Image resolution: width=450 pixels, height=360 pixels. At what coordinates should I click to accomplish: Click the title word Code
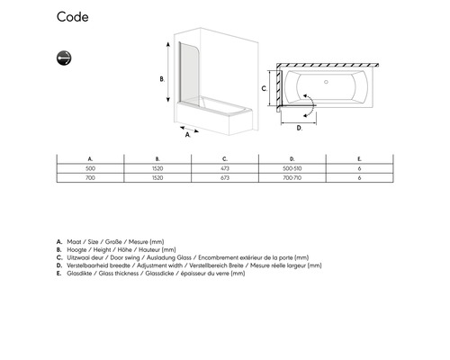tap(73, 17)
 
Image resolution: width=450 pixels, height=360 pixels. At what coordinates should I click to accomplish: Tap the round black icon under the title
tap(64, 58)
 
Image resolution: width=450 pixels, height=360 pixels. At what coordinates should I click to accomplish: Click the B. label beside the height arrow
tap(162, 79)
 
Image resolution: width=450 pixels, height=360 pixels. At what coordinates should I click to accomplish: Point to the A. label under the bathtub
tap(188, 135)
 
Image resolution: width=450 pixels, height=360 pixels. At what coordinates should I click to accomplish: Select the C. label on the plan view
tap(264, 88)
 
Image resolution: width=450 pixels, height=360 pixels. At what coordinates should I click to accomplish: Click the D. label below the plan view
tap(299, 128)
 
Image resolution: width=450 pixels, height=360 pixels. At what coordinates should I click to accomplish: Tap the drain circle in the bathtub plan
tap(327, 82)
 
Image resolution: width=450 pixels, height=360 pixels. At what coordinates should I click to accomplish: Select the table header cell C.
tap(225, 159)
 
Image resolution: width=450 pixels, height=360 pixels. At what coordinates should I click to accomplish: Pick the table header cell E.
tap(359, 159)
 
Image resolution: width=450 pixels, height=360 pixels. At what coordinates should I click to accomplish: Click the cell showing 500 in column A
tap(90, 168)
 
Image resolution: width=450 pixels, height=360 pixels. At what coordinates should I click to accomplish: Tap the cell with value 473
tap(225, 168)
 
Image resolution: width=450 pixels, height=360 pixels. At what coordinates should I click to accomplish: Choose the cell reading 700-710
tap(292, 178)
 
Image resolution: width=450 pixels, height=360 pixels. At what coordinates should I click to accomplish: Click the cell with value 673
tap(225, 178)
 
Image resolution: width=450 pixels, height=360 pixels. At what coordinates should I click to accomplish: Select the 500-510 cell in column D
tap(292, 168)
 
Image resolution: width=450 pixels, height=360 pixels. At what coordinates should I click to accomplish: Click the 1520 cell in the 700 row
tap(157, 178)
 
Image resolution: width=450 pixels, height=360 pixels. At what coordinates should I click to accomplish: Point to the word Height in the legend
tap(102, 249)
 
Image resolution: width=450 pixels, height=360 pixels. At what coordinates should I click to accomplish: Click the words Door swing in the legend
tap(125, 257)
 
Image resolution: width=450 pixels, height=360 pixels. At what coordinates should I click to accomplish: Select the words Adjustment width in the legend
tap(159, 265)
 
